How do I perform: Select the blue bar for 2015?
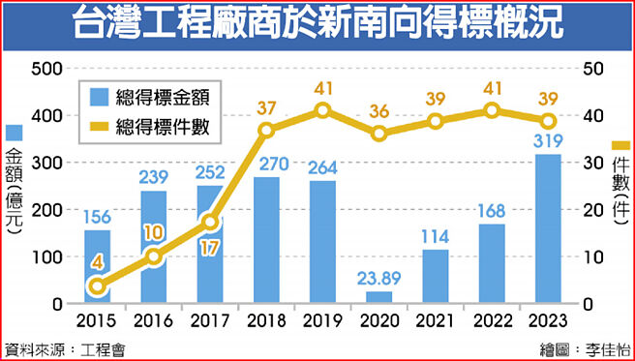(98, 266)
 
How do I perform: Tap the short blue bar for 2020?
(378, 297)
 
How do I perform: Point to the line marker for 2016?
(154, 256)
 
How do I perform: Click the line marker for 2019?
(322, 110)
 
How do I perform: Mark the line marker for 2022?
(491, 110)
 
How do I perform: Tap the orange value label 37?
(266, 106)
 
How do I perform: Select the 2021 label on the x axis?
(435, 319)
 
